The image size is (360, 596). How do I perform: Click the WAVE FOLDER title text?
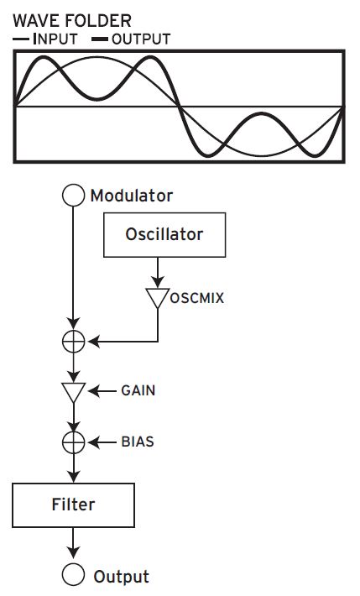tap(71, 19)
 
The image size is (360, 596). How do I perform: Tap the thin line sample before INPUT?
tap(22, 39)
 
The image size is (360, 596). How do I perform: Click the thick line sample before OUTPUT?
tap(98, 39)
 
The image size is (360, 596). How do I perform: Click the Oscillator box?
tap(164, 233)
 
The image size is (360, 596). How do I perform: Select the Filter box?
tap(74, 505)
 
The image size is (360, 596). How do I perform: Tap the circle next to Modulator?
tap(75, 196)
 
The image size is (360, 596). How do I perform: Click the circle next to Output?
tap(75, 575)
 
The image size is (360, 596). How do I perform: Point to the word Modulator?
tap(131, 196)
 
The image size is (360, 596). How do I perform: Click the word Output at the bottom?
tap(122, 577)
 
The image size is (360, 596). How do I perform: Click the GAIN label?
tap(138, 391)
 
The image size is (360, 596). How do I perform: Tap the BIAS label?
tap(138, 441)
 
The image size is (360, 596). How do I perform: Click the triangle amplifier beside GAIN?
tap(75, 392)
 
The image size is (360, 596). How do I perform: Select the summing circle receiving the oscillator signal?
tap(75, 342)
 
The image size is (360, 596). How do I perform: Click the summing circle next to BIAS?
tap(75, 442)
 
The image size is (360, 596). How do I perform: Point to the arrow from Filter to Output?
tap(75, 541)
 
